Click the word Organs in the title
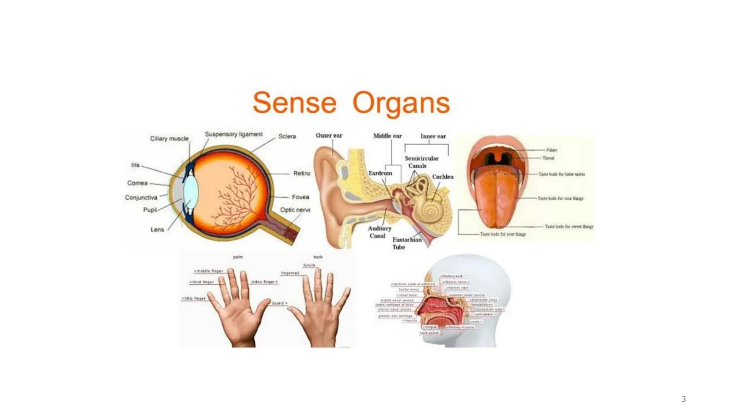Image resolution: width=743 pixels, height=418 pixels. [x=401, y=103]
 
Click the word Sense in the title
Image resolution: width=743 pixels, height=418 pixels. [x=294, y=103]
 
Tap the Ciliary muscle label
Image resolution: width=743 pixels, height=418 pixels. [x=169, y=139]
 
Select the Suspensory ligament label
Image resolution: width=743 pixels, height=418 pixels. [x=233, y=134]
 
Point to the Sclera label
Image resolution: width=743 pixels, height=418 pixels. [x=287, y=136]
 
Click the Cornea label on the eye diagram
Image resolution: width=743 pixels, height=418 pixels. [x=137, y=183]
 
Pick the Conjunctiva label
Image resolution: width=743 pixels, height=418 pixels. [x=141, y=197]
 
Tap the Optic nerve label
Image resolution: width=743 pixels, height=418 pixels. [x=295, y=210]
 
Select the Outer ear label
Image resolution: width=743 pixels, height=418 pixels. [x=329, y=135]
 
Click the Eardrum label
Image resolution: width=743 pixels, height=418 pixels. [x=380, y=173]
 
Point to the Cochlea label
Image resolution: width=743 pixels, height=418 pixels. [x=442, y=176]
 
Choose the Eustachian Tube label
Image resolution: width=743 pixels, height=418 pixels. [x=406, y=243]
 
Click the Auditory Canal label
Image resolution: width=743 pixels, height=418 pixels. [x=379, y=232]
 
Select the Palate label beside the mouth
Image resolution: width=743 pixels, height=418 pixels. [x=551, y=150]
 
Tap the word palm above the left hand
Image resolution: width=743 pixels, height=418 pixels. [x=238, y=257]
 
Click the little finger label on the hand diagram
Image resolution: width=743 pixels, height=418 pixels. [x=194, y=298]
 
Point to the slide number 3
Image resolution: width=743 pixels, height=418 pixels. [x=683, y=399]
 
